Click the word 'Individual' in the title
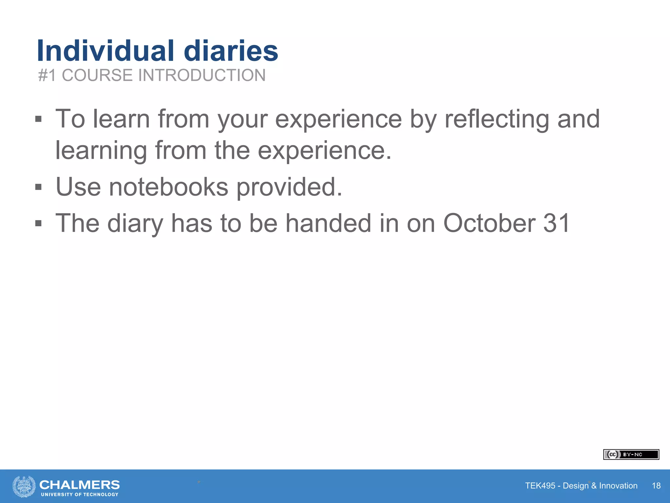point(106,51)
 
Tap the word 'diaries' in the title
point(231,51)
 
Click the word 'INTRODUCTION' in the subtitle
point(202,75)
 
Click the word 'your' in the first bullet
point(243,120)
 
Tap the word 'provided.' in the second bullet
point(289,187)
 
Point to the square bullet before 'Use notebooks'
point(39,187)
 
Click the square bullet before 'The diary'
point(39,223)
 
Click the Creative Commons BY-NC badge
point(631,455)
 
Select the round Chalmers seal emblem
point(24,486)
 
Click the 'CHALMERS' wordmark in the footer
point(79,484)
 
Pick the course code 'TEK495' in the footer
point(540,486)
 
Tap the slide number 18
point(656,486)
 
